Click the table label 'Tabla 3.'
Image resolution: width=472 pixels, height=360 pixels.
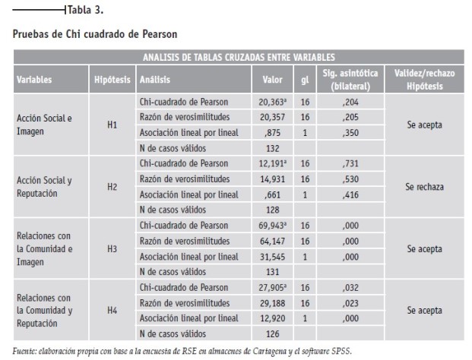85,10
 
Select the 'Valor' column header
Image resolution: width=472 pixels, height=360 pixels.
272,80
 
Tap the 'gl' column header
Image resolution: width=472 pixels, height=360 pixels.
305,80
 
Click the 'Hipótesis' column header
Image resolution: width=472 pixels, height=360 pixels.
112,80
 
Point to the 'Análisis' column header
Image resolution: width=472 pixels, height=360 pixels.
155,80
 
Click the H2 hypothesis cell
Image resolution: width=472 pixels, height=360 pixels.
112,187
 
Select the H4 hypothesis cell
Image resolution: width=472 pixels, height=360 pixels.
112,310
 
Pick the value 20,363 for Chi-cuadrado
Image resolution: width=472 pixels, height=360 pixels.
272,103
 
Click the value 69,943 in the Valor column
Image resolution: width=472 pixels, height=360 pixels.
272,226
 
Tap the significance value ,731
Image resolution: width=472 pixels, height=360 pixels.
350,163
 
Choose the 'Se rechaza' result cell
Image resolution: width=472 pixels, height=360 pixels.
424,187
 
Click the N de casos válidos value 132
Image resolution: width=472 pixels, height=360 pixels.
273,148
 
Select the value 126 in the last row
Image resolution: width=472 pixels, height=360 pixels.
273,334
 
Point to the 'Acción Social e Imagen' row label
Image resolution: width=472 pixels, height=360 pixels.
44,125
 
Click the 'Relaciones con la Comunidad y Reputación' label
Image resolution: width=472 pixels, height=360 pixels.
45,311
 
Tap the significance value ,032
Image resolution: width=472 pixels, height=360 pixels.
350,288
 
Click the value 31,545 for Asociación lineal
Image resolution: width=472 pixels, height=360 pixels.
272,257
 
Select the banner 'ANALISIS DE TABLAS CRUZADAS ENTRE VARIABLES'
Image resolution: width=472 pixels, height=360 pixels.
239,57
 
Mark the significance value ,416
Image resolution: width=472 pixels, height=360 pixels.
350,195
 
